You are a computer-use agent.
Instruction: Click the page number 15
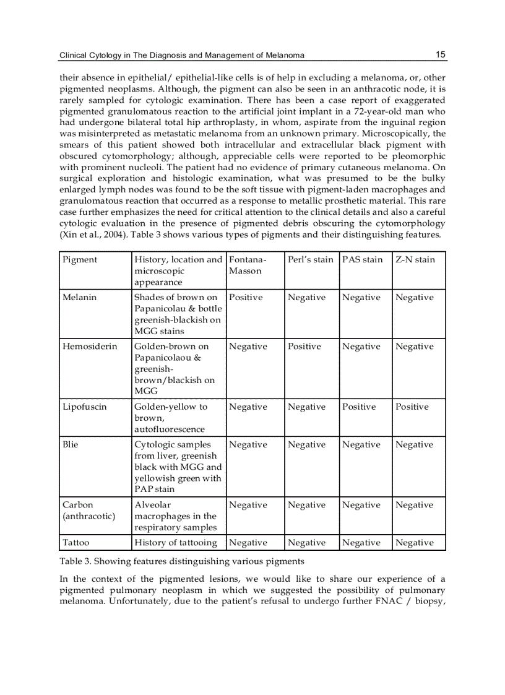440,54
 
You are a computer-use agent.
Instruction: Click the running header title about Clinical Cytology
181,55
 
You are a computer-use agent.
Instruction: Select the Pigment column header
80,259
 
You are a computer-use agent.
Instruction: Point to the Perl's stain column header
311,259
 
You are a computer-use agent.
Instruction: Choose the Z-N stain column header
415,259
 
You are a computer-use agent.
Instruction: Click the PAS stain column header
363,259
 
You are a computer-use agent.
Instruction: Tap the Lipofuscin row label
85,407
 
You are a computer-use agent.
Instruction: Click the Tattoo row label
76,542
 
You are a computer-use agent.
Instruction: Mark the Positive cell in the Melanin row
246,297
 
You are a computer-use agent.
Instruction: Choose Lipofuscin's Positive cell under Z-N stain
412,407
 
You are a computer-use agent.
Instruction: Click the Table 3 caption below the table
181,561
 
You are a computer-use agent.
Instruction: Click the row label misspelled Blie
71,444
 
